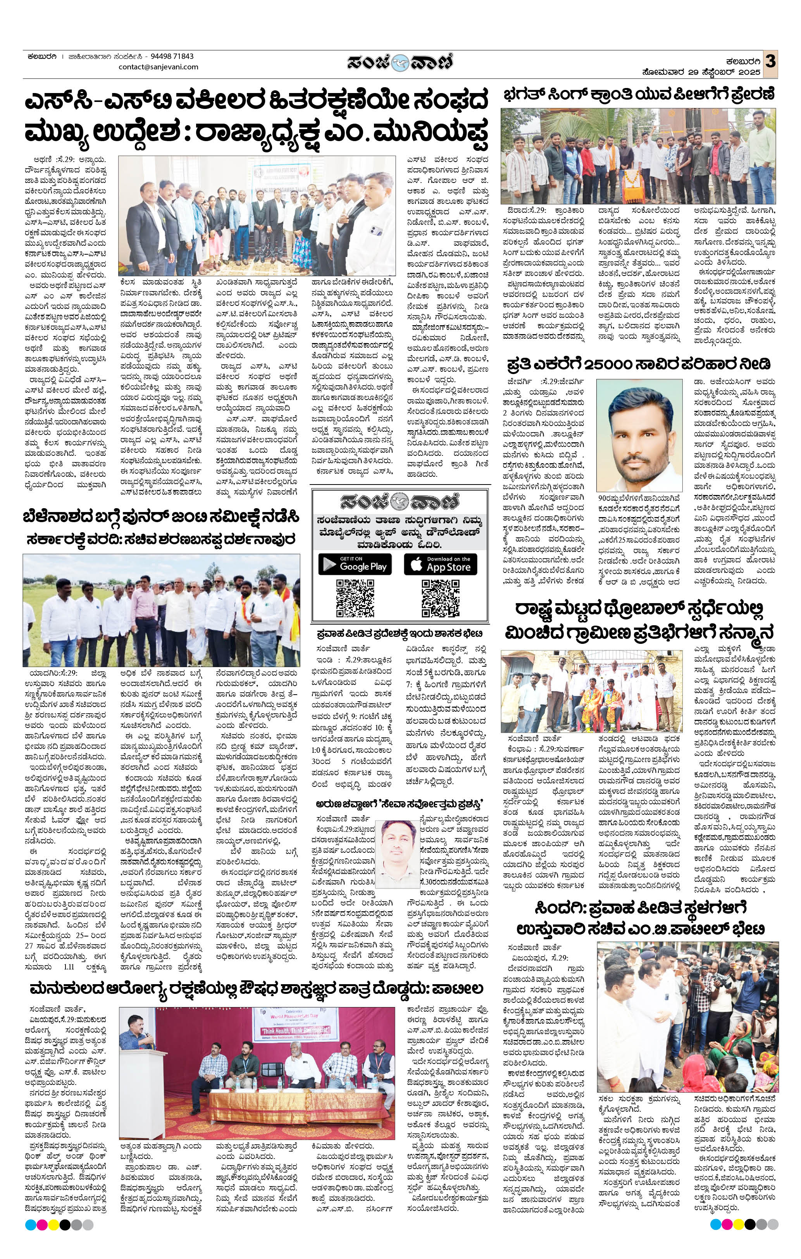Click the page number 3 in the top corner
pyautogui.click(x=770, y=60)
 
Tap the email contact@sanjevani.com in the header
pyautogui.click(x=158, y=67)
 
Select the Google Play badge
pyautogui.click(x=355, y=564)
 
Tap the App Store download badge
pyautogui.click(x=440, y=564)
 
